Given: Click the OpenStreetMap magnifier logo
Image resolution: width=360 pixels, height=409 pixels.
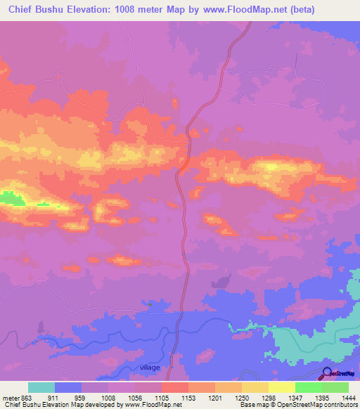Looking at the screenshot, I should tap(328, 374).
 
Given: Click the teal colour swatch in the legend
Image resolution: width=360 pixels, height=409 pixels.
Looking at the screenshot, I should tap(41, 387).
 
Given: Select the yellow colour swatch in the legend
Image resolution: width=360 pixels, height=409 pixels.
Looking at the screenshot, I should tap(281, 387).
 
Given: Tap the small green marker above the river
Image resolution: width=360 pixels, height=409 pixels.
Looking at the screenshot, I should tap(150, 304).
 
